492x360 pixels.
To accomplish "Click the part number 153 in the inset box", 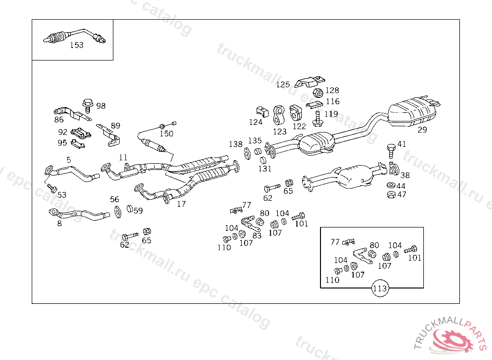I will click(x=77, y=45).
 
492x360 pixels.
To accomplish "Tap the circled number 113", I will click(x=380, y=288).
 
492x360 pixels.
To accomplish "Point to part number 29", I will click(x=422, y=130).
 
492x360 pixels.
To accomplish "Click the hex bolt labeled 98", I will click(x=87, y=104).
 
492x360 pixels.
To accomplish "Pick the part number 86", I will click(x=59, y=120).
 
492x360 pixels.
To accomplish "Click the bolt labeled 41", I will click(x=391, y=150).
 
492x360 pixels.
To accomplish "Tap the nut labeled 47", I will click(x=391, y=194).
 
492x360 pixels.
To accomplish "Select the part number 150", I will click(x=166, y=133).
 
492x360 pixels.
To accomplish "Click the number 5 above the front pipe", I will click(x=69, y=159).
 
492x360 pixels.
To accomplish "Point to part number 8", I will click(x=59, y=223).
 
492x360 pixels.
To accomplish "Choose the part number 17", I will click(x=181, y=204).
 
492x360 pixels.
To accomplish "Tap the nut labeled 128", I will click(x=318, y=92).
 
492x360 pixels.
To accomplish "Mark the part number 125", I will click(x=283, y=85).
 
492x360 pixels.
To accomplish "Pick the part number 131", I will click(x=265, y=168).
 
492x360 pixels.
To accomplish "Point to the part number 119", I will click(x=331, y=114).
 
